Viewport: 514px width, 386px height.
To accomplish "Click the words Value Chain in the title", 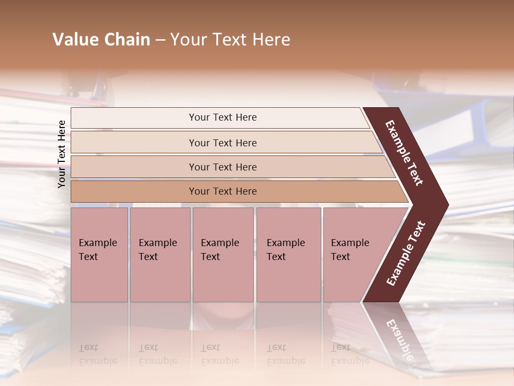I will tap(101, 40).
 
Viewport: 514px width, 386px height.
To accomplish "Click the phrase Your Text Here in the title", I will tap(230, 40).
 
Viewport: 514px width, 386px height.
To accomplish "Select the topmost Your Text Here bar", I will tap(223, 117).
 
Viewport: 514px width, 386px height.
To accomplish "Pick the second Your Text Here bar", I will tap(223, 143).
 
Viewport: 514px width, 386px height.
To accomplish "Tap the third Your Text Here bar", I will tap(223, 167).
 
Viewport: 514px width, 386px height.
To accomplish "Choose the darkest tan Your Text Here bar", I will tap(223, 191).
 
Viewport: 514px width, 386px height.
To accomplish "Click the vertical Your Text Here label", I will tap(62, 154).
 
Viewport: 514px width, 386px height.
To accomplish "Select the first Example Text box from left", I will tap(99, 254).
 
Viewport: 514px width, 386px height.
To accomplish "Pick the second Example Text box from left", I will tap(160, 254).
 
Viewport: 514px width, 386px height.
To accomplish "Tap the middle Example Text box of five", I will tap(222, 254).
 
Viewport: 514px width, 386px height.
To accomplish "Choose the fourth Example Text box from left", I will tap(288, 254).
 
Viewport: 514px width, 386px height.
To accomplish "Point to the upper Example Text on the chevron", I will tap(404, 152).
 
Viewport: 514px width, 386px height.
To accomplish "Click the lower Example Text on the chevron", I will tap(406, 253).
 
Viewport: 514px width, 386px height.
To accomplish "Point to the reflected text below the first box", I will tap(97, 355).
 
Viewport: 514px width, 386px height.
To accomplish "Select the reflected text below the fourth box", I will tap(285, 355).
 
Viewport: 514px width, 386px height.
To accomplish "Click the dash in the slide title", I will tap(160, 40).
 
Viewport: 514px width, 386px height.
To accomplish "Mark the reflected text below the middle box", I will tap(220, 355).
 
